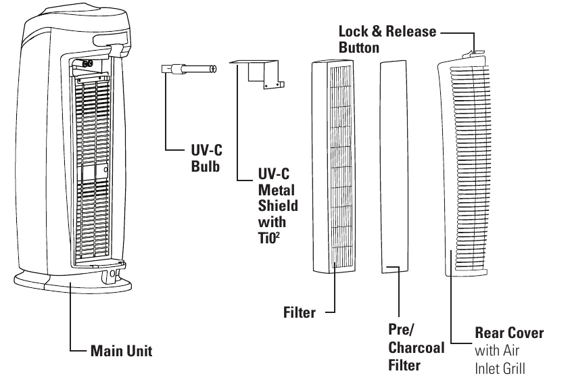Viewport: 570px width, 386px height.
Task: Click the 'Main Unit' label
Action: point(121,351)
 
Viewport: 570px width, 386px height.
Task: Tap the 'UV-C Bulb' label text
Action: point(206,158)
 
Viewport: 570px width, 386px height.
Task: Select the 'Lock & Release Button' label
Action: point(387,39)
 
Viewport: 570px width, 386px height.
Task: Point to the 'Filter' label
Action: point(300,312)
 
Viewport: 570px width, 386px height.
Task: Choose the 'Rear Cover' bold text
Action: point(509,333)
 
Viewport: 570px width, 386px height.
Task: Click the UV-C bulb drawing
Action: point(189,68)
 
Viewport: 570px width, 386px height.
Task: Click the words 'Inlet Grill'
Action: point(499,368)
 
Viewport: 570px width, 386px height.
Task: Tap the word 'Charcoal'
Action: point(416,348)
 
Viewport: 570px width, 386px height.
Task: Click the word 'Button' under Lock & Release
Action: point(359,48)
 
